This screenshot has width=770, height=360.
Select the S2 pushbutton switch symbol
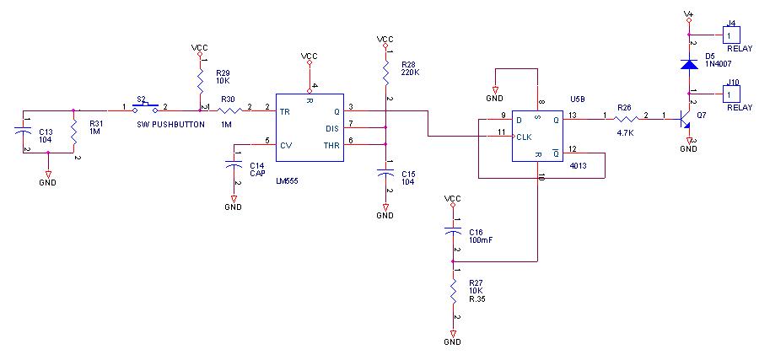point(147,108)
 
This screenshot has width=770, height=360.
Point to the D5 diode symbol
point(689,64)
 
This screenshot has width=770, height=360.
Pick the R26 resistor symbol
point(624,116)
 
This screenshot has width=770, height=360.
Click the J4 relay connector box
point(729,35)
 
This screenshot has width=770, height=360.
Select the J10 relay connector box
point(729,91)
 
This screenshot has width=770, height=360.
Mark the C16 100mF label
point(480,236)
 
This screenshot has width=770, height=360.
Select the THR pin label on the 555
point(331,144)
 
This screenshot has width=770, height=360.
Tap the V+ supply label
point(688,13)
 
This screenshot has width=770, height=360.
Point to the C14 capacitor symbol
point(233,167)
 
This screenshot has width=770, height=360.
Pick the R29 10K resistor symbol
point(201,83)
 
